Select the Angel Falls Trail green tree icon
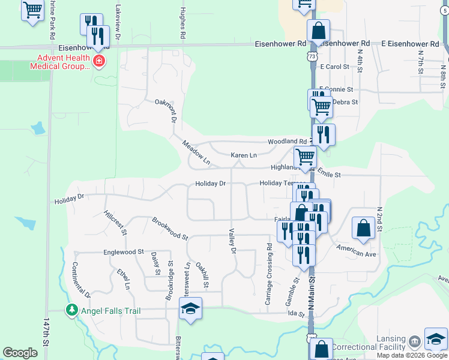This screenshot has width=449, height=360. pyautogui.click(x=71, y=310)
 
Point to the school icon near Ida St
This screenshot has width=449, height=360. pyautogui.click(x=191, y=310)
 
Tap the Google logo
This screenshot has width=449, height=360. pyautogui.click(x=20, y=353)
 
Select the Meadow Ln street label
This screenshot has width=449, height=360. pyautogui.click(x=196, y=152)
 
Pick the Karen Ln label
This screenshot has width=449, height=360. pyautogui.click(x=244, y=155)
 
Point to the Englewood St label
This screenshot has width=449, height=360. pyautogui.click(x=124, y=253)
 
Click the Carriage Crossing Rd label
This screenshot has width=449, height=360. pyautogui.click(x=269, y=273)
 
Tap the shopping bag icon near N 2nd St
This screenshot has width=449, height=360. pyautogui.click(x=363, y=228)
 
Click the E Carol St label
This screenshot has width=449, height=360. pyautogui.click(x=335, y=67)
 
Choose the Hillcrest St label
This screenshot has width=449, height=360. pyautogui.click(x=115, y=222)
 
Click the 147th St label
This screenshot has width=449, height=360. pyautogui.click(x=46, y=333)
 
